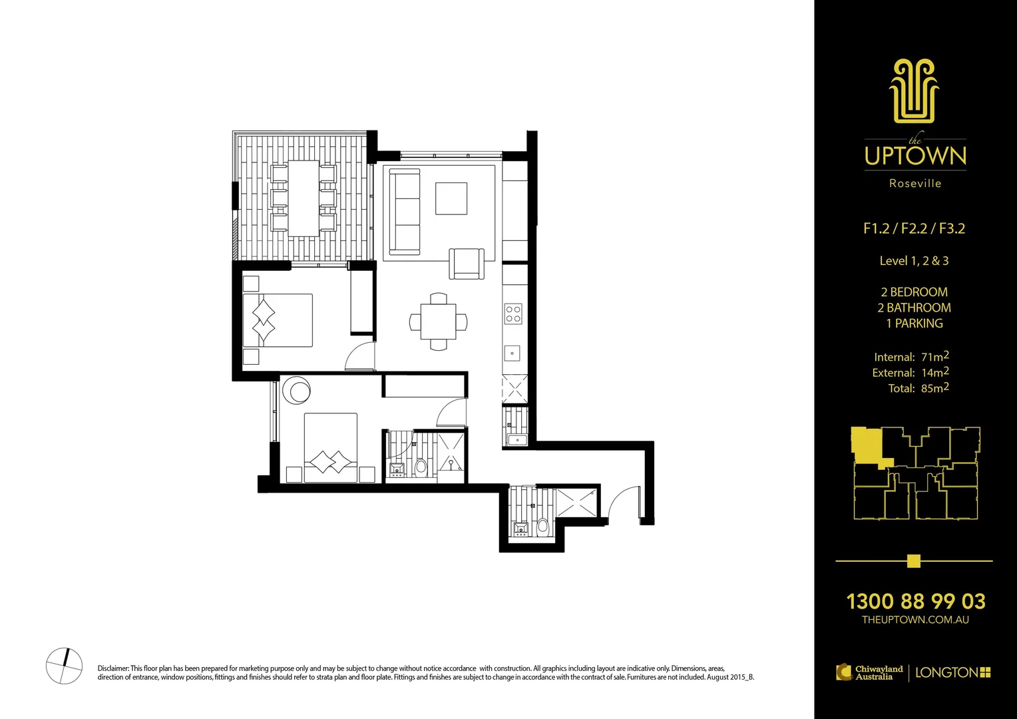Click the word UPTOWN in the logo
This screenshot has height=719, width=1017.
(915, 156)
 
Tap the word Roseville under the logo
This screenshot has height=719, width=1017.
(915, 183)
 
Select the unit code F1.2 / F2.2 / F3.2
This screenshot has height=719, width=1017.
(914, 228)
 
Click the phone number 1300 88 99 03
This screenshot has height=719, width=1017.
(915, 601)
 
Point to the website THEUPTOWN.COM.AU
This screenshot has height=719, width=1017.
(915, 620)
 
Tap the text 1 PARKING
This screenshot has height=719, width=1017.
(915, 324)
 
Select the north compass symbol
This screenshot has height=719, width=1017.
(65, 665)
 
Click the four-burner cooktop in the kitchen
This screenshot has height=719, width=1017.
(513, 314)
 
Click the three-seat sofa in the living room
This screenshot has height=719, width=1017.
(405, 211)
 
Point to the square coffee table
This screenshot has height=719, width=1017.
(451, 198)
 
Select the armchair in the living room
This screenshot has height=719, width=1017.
(467, 263)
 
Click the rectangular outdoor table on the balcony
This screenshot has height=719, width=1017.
(304, 198)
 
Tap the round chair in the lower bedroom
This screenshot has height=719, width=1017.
(296, 391)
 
